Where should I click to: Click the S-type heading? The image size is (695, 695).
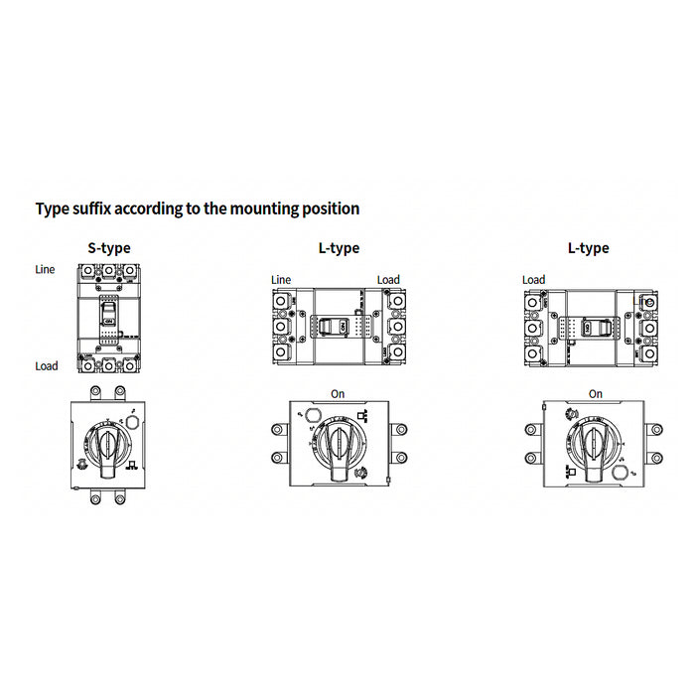108,248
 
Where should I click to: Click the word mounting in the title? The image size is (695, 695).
268,208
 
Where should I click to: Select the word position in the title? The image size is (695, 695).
333,208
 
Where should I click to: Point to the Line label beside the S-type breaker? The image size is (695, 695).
46,269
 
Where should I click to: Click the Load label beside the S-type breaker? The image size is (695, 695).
47,366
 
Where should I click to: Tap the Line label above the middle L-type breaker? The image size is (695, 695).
282,280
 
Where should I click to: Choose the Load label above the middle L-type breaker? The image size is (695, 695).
388,280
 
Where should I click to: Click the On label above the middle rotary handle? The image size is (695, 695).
338,394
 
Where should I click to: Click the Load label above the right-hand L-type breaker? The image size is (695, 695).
534,280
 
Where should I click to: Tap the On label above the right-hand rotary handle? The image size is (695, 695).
595,394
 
